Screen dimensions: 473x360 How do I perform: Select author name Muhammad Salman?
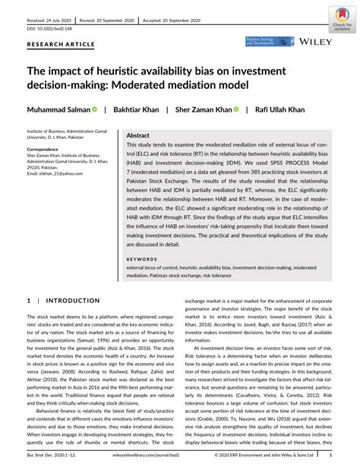click(58, 109)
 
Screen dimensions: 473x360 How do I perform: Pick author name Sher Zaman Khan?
click(204, 109)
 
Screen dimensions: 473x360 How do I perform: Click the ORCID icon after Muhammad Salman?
click(96, 109)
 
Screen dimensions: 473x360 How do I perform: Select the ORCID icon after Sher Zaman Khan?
click(236, 109)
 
